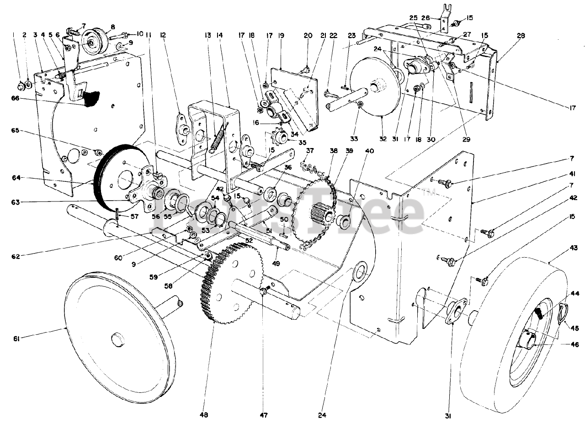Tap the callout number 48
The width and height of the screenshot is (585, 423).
(204, 415)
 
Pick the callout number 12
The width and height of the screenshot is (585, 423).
(163, 34)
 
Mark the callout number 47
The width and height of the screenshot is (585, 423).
(264, 415)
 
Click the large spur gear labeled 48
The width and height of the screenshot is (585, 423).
(229, 283)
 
